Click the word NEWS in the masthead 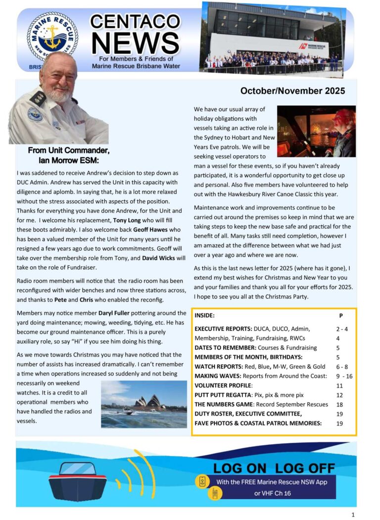135,43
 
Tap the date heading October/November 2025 292,91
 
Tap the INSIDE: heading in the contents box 205,315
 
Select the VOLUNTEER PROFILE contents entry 224,385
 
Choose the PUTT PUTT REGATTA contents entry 229,395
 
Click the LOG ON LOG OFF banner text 274,468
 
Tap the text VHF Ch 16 283,493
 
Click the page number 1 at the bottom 353,515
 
